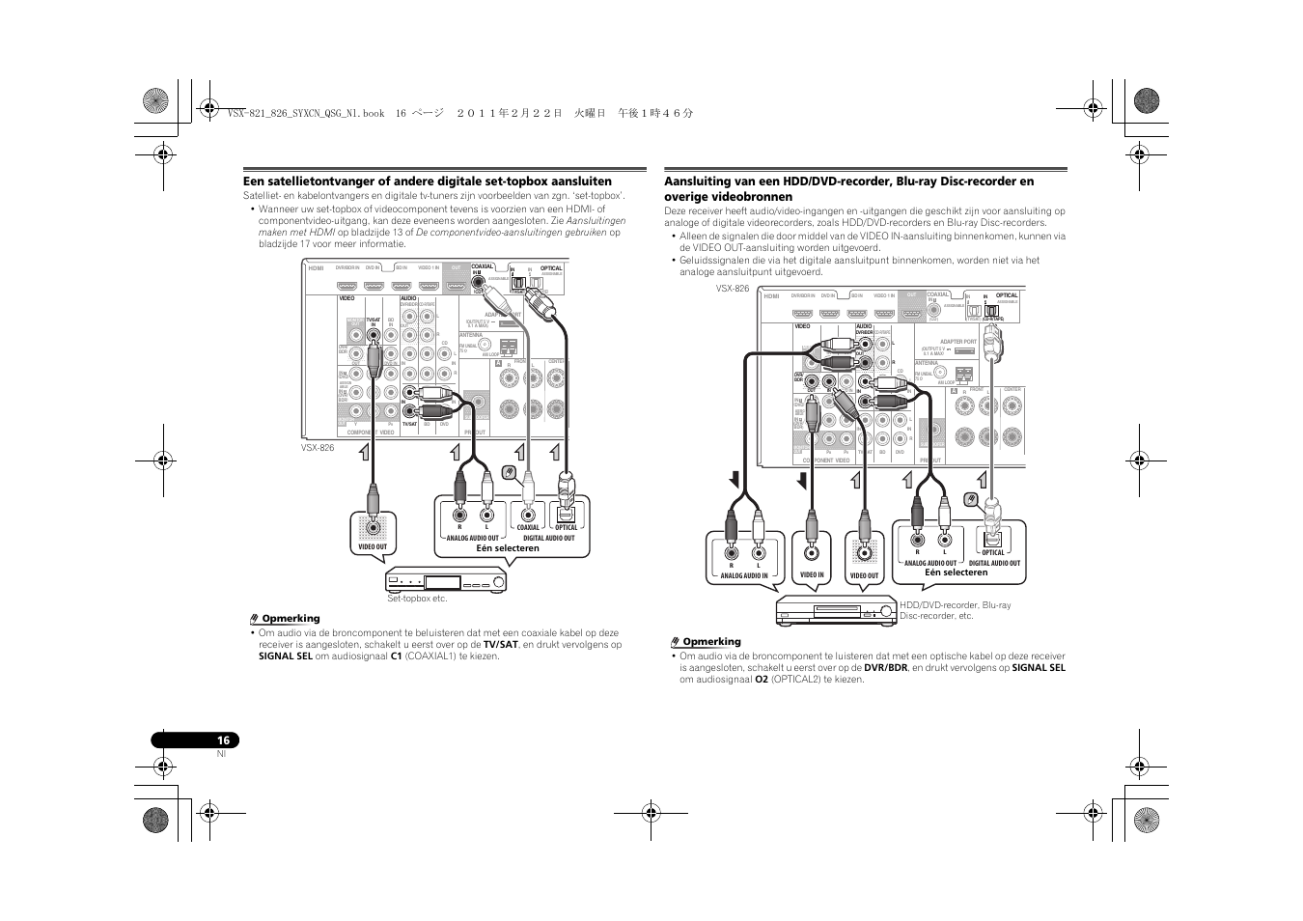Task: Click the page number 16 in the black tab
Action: [223, 740]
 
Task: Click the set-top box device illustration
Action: [446, 581]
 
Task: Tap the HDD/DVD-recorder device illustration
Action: [836, 611]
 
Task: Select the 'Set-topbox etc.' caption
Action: [417, 600]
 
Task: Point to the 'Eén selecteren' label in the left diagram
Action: [508, 548]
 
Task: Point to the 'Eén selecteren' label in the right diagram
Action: [956, 572]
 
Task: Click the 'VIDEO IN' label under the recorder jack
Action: [813, 575]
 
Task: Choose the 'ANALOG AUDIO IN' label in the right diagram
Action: [744, 576]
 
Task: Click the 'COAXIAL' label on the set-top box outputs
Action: [528, 528]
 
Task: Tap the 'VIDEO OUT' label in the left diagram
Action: [373, 547]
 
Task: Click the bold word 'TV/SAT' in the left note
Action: [500, 645]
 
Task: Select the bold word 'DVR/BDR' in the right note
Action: [885, 668]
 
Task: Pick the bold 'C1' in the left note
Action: [396, 656]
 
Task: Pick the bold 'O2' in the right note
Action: [761, 680]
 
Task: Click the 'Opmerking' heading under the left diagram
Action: [291, 619]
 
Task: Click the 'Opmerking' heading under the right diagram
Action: [711, 642]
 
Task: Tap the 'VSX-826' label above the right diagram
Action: [733, 289]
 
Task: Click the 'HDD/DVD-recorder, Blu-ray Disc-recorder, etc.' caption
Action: [955, 610]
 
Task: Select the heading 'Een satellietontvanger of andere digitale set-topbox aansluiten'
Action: [428, 181]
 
